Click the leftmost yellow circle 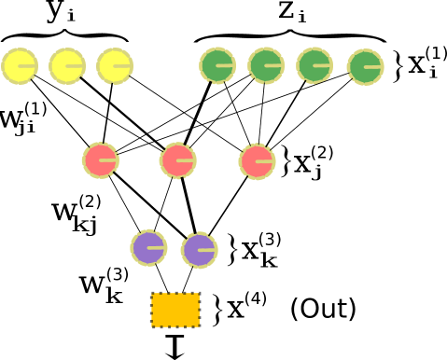pos(19,66)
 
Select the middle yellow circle pos(67,66)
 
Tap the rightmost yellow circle pos(115,66)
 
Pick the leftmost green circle pos(217,65)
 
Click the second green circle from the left pos(266,65)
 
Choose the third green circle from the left pos(314,65)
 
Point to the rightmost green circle pos(365,67)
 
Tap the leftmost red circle pos(100,160)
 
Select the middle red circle pos(177,160)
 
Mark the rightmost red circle pos(257,161)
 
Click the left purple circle pos(148,248)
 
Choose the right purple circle pos(199,250)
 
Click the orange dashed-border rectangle pos(175,310)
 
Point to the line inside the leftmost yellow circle pos(27,66)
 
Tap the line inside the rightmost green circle pos(373,67)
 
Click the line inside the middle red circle pos(186,160)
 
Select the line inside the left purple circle pos(157,248)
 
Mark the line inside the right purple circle pos(207,250)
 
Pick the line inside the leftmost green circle pos(226,65)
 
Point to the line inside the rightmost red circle pos(265,161)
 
